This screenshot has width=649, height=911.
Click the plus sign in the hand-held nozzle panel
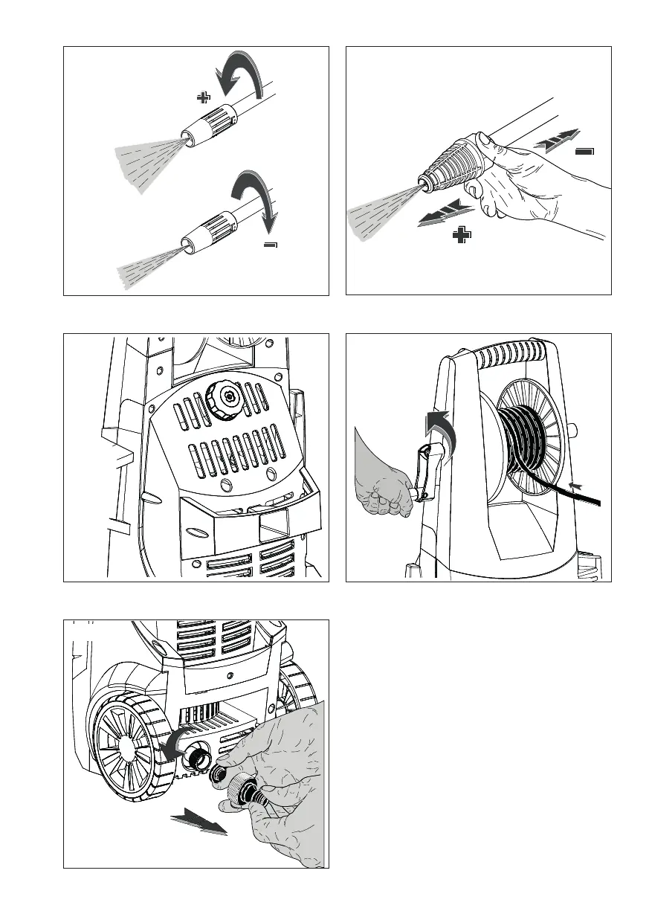[x=462, y=236]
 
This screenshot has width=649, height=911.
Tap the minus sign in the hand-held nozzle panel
[x=585, y=151]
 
